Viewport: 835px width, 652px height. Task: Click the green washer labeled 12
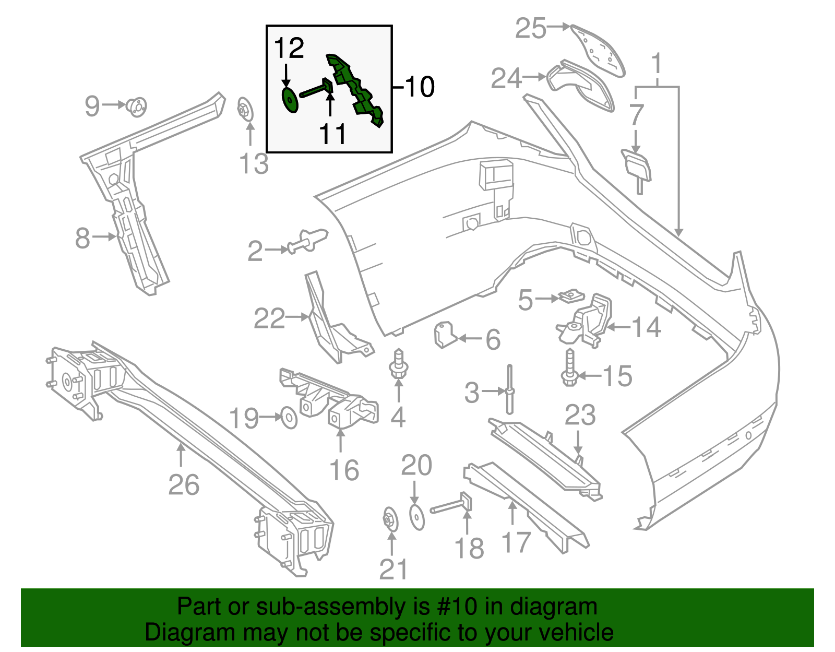coord(289,100)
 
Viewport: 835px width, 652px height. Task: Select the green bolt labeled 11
coord(316,89)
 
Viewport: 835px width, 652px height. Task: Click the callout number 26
coord(184,485)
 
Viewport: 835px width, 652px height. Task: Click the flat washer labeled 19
coord(289,418)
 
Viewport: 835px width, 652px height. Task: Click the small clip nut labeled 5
coord(572,297)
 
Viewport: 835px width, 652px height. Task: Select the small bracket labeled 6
coord(444,334)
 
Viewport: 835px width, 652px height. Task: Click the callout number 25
coord(530,28)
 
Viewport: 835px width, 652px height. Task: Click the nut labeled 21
coord(390,520)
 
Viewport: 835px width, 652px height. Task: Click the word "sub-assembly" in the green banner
coord(329,607)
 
